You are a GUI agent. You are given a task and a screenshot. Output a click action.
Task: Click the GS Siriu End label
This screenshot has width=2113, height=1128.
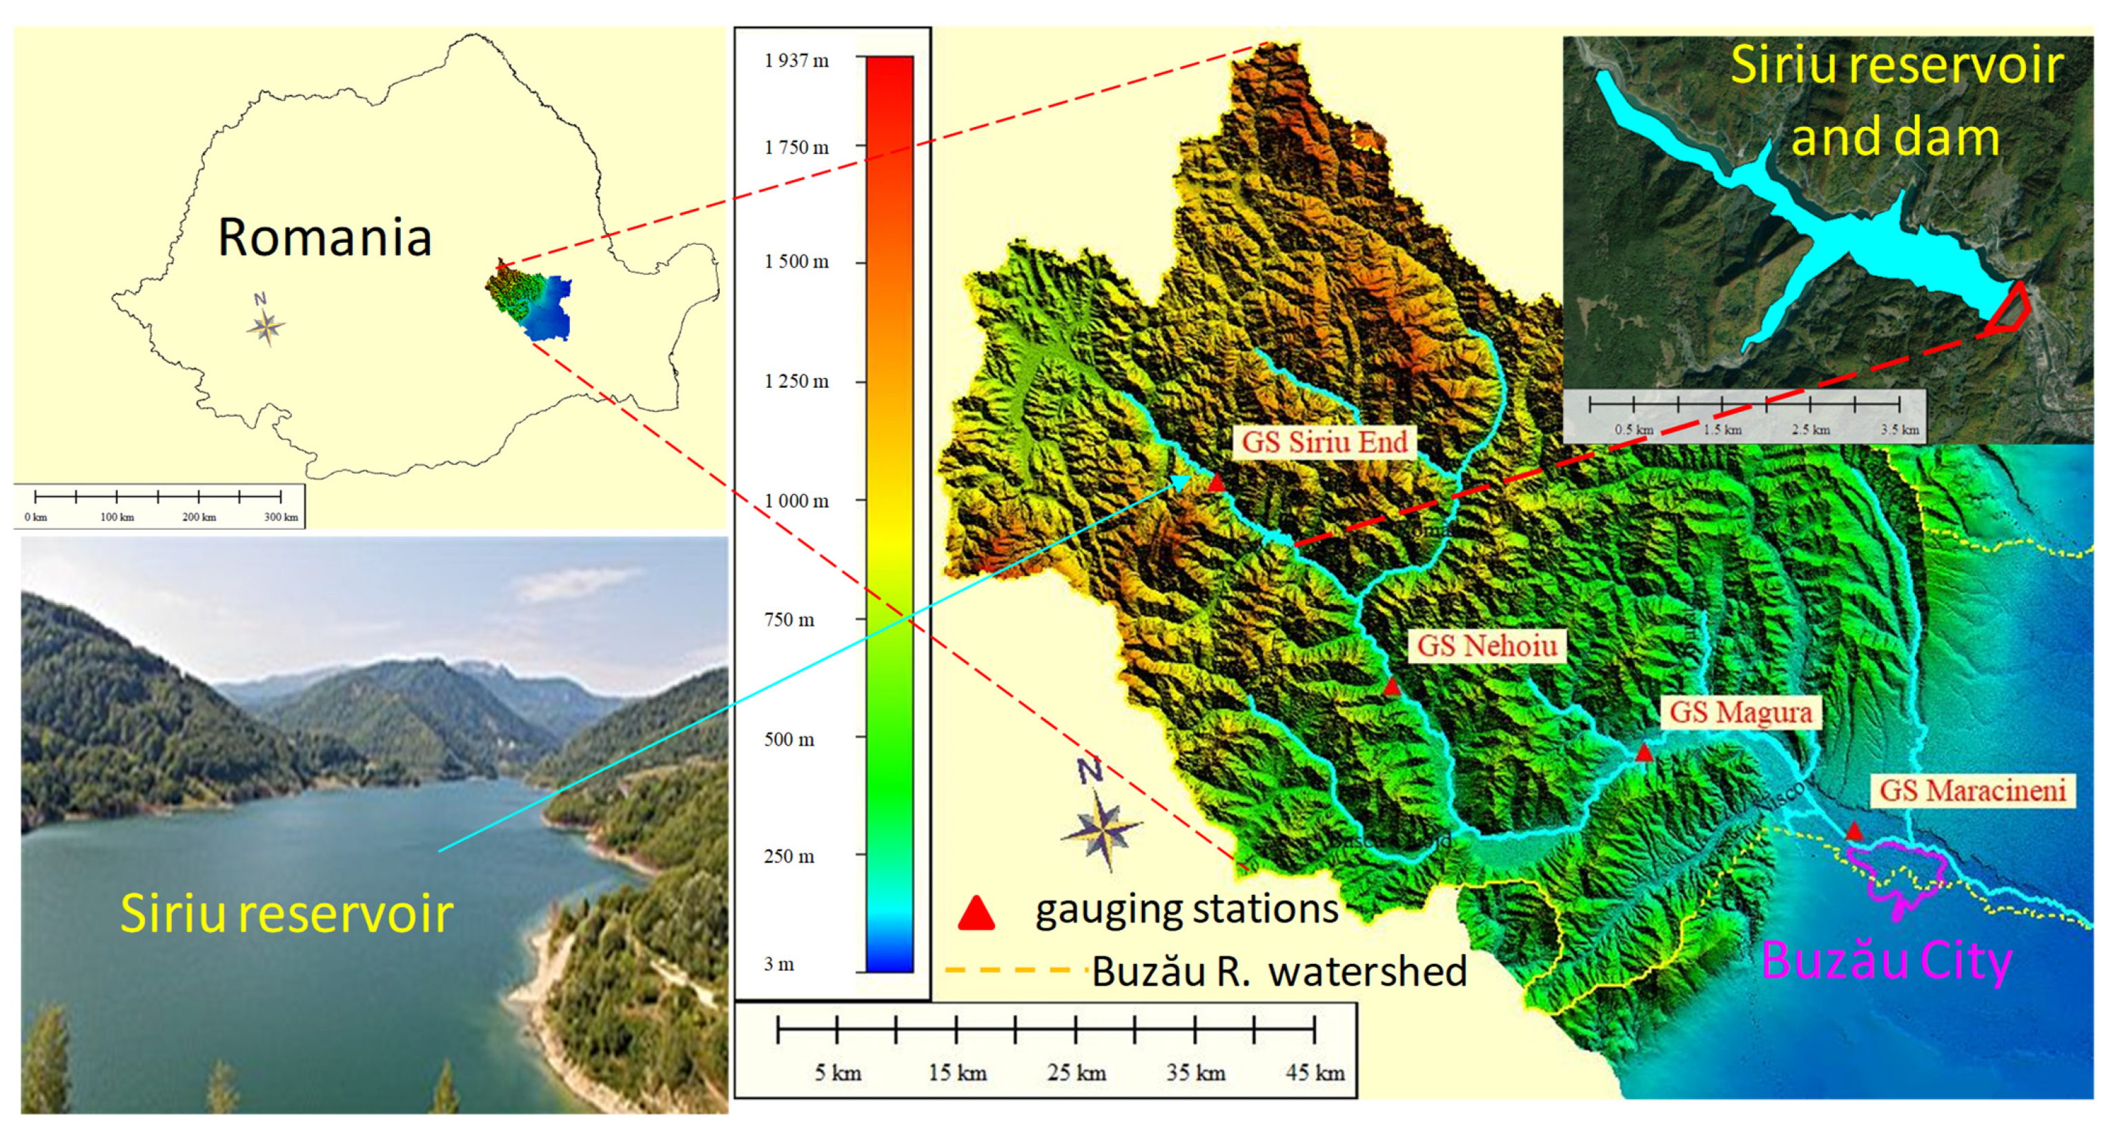[1324, 442]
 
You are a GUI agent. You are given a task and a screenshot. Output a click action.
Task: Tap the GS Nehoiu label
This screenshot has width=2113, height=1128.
[1486, 646]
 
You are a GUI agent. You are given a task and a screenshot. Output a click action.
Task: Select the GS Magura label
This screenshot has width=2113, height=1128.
[1740, 712]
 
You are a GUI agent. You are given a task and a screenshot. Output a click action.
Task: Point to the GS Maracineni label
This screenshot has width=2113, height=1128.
[1972, 791]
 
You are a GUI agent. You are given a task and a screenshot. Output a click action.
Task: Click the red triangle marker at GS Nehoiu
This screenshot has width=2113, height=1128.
[1391, 686]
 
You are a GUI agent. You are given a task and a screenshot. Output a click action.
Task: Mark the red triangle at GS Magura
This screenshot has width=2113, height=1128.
[1644, 752]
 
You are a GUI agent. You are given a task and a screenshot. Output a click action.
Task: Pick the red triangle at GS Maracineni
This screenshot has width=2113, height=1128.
[1854, 831]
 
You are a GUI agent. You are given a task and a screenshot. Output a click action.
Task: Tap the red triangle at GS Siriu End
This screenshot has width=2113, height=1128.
[1217, 482]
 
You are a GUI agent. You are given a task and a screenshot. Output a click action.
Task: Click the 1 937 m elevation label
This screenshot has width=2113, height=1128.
[796, 61]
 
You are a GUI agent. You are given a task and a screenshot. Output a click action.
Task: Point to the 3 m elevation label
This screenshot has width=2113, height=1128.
[778, 964]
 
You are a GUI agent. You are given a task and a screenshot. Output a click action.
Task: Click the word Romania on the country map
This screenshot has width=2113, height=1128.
[324, 238]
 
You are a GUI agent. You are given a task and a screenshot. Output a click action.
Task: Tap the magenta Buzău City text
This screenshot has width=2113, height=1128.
[1886, 960]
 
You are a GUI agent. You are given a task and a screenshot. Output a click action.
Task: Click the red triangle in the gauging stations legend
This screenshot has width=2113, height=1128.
[976, 913]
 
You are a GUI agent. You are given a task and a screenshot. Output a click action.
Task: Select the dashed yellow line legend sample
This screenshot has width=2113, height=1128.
[1009, 971]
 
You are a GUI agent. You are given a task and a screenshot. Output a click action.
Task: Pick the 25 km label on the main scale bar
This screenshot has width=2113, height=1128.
[1077, 1073]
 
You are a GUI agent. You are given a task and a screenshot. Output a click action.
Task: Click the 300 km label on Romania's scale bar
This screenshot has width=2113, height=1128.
[281, 517]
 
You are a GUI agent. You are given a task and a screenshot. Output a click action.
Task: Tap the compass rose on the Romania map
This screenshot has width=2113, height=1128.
[265, 326]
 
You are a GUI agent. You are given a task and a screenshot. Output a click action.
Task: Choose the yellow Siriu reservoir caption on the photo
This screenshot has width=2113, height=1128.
[286, 913]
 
